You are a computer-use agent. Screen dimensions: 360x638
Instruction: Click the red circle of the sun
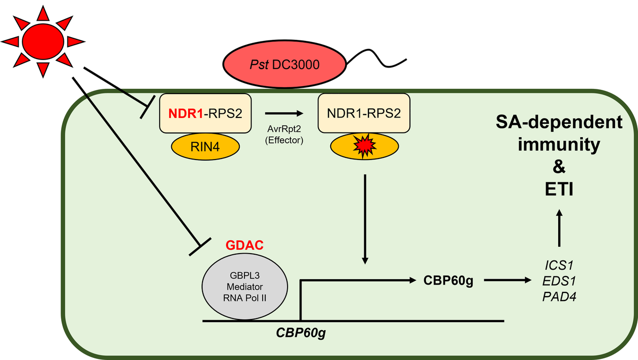[x=42, y=40]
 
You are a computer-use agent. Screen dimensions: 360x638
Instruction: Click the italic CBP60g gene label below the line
[x=300, y=333]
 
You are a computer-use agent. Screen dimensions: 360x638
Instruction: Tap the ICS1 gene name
[x=558, y=264]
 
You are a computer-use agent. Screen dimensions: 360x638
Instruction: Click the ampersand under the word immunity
[x=558, y=166]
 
